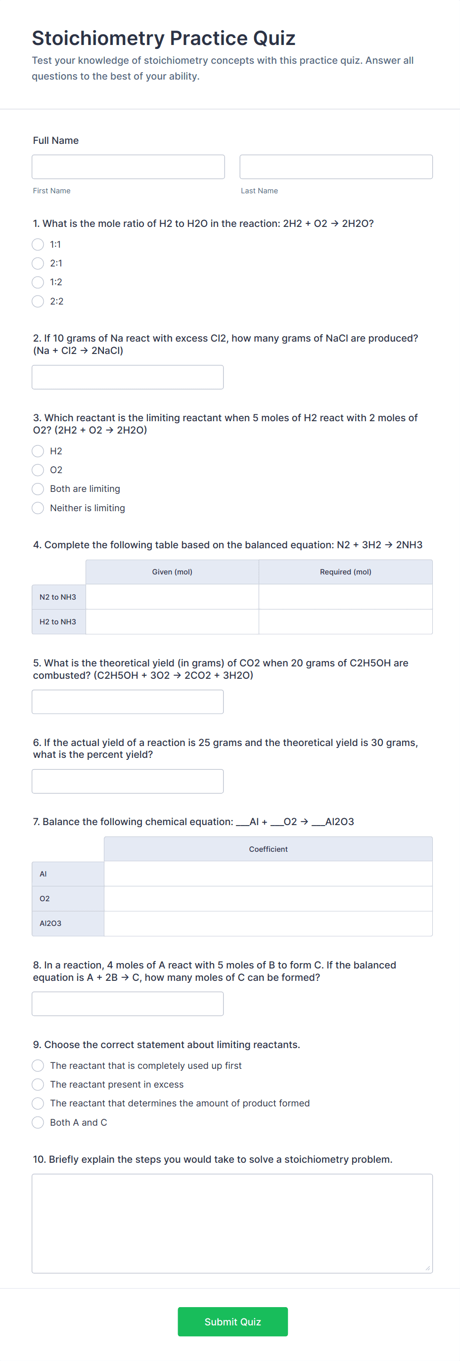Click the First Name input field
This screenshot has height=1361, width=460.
[x=128, y=167]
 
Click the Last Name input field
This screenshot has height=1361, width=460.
[x=336, y=167]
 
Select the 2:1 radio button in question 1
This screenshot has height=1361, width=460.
[x=38, y=263]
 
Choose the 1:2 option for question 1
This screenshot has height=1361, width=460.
[x=38, y=282]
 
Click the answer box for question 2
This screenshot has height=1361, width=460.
[x=128, y=377]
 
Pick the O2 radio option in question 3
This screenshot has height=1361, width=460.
[x=38, y=470]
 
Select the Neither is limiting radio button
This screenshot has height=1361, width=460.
[x=38, y=508]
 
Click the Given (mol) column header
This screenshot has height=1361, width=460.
[x=172, y=571]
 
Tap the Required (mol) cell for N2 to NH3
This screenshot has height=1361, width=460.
[x=345, y=597]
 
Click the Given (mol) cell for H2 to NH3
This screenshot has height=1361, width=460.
[x=172, y=621]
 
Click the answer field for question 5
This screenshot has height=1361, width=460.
[x=128, y=702]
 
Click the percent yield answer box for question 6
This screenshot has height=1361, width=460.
[x=128, y=781]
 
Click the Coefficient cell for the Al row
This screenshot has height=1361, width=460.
[x=268, y=874]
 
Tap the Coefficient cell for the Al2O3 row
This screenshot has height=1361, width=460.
[x=268, y=923]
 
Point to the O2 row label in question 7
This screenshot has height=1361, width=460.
[x=45, y=898]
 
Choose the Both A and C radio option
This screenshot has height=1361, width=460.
[x=38, y=1122]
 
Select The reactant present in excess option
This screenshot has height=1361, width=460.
[x=38, y=1084]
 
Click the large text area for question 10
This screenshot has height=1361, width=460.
[x=232, y=1223]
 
